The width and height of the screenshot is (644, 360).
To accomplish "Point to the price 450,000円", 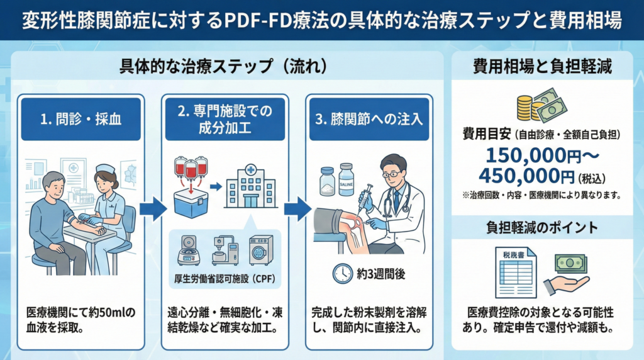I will click(527, 175).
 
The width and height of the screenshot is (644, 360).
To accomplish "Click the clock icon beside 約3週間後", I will click(342, 274).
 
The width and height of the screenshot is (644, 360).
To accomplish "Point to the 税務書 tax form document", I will click(514, 273).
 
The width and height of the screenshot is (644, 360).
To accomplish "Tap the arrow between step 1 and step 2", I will click(153, 208).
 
